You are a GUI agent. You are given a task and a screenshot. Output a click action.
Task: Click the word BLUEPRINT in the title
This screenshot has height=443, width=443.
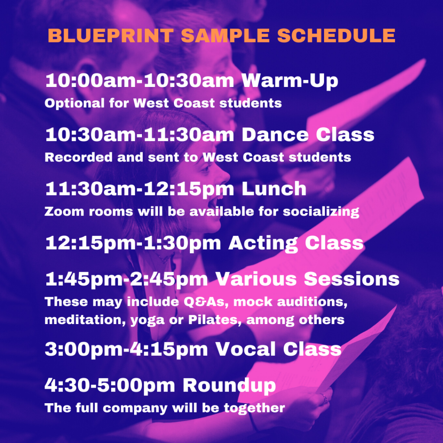pyautogui.click(x=111, y=35)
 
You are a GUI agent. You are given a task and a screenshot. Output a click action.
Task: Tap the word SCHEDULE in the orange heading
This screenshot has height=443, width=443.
pyautogui.click(x=336, y=35)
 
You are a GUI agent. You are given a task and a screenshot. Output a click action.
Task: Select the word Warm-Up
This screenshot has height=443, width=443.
pyautogui.click(x=290, y=81)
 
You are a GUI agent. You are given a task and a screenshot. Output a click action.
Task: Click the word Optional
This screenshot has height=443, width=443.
pyautogui.click(x=74, y=103)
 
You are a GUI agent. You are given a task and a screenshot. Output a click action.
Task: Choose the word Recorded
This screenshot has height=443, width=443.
pyautogui.click(x=79, y=157)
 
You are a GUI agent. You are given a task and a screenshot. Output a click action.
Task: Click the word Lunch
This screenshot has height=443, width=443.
pyautogui.click(x=274, y=189)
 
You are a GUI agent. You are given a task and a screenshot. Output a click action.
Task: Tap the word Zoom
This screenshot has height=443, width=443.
pyautogui.click(x=64, y=212)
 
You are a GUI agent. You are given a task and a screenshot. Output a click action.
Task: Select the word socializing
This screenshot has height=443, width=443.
pyautogui.click(x=321, y=212)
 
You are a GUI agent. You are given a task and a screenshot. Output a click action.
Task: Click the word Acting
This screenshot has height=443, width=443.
pyautogui.click(x=263, y=244)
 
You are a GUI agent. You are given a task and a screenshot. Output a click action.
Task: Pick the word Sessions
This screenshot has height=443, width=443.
pyautogui.click(x=352, y=279)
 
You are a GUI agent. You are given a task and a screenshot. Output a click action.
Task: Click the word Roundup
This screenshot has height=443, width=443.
pyautogui.click(x=229, y=385)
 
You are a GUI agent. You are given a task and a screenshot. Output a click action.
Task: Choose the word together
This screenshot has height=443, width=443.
pyautogui.click(x=254, y=408)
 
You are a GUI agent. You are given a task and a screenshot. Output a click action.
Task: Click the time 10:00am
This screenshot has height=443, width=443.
pyautogui.click(x=91, y=80)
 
